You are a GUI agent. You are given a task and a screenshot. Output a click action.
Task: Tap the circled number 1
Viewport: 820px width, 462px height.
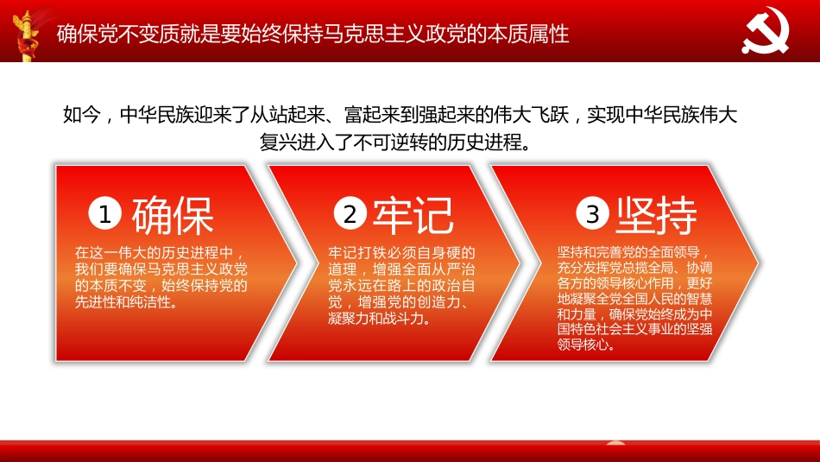[105, 215]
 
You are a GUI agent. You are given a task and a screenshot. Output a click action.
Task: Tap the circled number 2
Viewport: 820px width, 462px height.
[350, 215]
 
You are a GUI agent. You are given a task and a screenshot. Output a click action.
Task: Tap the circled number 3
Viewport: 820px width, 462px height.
[593, 215]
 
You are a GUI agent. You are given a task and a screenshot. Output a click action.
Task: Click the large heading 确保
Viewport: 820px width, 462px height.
[173, 216]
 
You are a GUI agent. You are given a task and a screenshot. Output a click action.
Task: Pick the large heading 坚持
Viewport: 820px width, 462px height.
[656, 216]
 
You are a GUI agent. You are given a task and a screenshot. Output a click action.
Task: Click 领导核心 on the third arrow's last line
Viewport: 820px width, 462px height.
[584, 345]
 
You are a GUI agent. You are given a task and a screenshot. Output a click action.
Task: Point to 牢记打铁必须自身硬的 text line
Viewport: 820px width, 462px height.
[401, 253]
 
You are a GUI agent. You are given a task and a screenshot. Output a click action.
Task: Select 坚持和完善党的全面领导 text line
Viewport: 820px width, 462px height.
[634, 253]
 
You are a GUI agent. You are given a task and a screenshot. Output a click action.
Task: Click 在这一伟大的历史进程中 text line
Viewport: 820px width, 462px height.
[153, 253]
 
